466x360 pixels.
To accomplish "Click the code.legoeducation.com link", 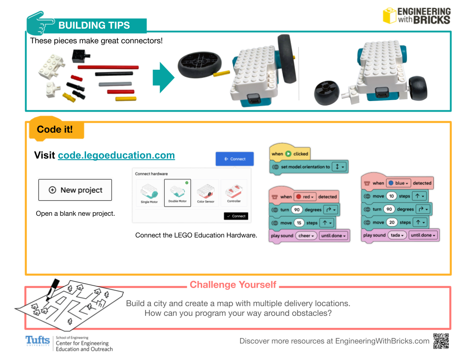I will tap(116, 155).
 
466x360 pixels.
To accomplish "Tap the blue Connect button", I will tap(235, 159).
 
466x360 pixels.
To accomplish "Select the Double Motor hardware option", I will tap(177, 193).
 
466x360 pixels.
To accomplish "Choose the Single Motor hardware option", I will tap(149, 193).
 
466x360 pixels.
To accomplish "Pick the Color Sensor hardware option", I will tap(206, 193).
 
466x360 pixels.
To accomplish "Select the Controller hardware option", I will tap(233, 193).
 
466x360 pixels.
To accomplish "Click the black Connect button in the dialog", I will tap(236, 216).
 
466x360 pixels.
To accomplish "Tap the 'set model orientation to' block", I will tap(308, 167).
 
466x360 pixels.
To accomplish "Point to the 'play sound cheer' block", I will tap(309, 236).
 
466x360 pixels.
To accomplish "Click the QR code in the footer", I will tap(441, 341).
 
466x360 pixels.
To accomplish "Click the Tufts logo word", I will tap(38, 341).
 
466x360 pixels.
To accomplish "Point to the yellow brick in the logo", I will tap(389, 15).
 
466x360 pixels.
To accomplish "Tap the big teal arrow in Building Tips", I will tap(163, 78).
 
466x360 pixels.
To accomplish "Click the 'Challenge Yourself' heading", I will tap(233, 285).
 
